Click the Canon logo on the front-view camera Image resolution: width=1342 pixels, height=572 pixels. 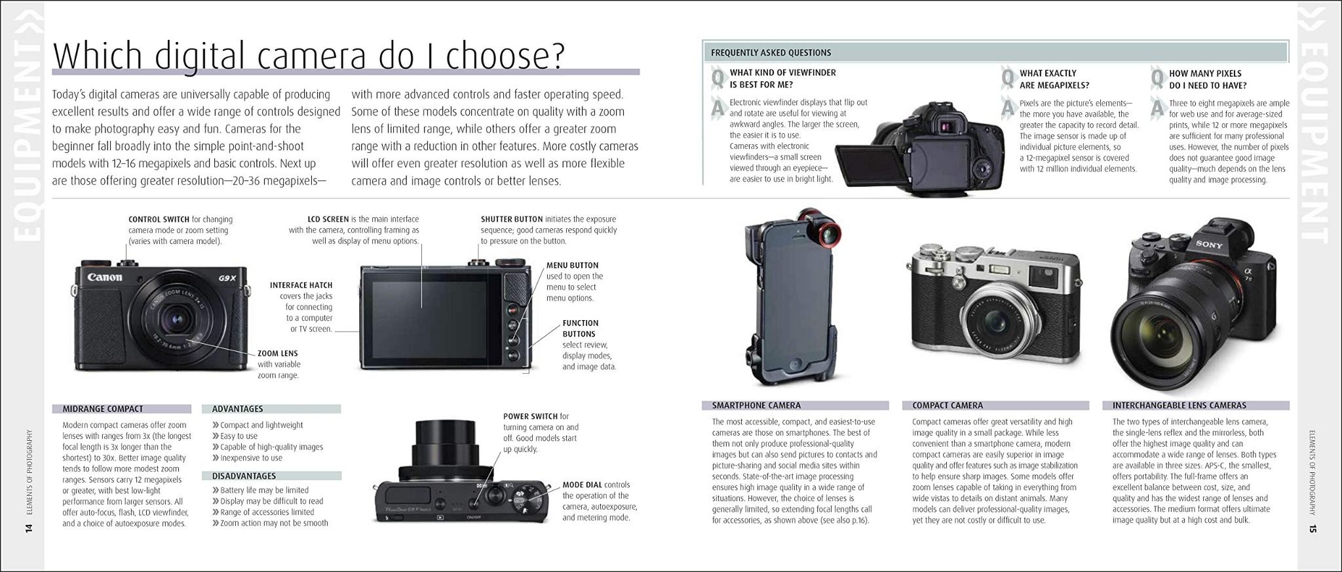coord(105,277)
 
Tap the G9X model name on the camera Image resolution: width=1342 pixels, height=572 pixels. coord(227,278)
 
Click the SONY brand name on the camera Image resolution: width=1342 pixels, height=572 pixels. coord(1209,245)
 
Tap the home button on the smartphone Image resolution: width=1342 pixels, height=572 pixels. coord(796,364)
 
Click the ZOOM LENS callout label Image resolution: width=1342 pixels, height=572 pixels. coord(277,354)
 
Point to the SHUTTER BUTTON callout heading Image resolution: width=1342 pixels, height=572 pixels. coord(512,219)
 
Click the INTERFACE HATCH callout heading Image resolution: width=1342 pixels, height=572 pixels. coord(301,285)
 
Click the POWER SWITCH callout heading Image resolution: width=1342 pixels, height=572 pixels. coord(530,417)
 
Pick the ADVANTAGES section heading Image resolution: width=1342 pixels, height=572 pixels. coord(237,409)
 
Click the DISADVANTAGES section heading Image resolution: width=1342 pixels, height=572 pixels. coord(244,476)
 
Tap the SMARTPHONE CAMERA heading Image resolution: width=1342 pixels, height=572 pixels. coord(756,405)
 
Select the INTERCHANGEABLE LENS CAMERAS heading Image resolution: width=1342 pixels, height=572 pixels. coord(1179,405)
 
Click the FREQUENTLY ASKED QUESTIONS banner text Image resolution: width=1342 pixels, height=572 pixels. coord(771,52)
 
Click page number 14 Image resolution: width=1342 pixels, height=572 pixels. coord(28,529)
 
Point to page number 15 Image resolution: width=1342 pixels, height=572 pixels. coord(1313,529)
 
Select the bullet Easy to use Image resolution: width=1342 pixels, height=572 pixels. coord(239,436)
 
